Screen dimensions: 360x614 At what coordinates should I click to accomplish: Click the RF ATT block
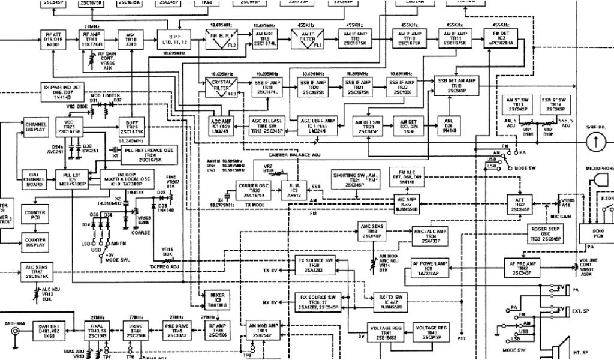point(53,39)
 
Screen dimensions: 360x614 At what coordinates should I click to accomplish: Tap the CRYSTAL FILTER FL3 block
point(220,88)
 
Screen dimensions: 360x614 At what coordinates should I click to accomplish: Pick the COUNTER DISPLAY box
point(35,242)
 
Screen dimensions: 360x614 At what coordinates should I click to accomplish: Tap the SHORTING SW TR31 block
point(353,179)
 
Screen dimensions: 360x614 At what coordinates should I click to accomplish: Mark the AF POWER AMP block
point(430,267)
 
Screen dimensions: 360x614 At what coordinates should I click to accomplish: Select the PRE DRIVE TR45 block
point(177,330)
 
